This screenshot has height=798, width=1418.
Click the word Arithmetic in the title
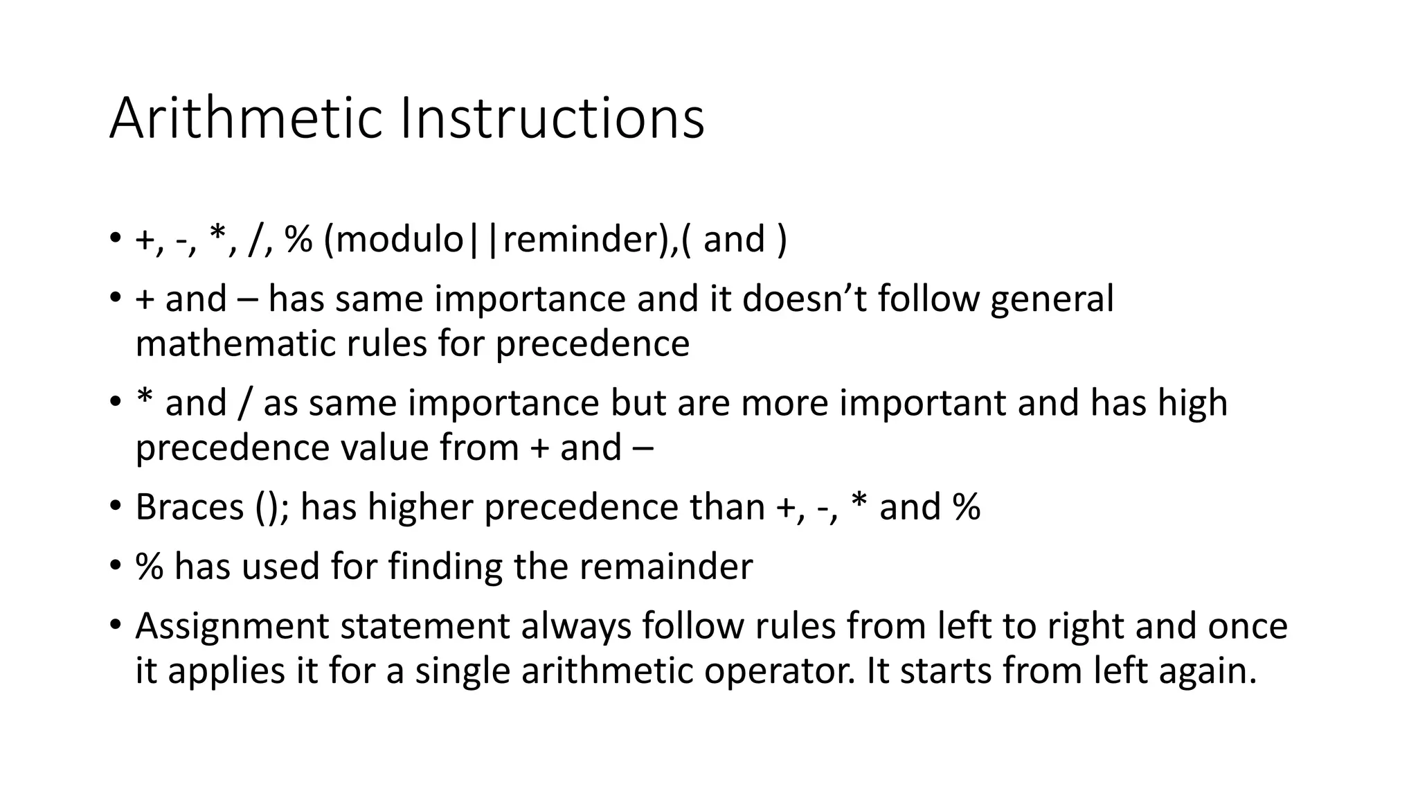246,118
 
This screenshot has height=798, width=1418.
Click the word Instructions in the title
552,118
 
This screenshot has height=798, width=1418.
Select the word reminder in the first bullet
580,240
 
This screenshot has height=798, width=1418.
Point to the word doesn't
805,299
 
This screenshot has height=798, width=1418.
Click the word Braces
190,507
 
